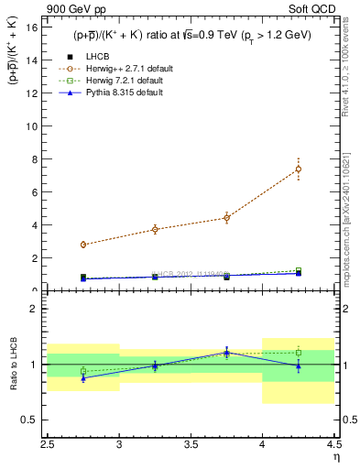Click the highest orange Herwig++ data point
[x=299, y=169]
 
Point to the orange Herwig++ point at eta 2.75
[x=83, y=245]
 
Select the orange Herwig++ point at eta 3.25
[x=155, y=229]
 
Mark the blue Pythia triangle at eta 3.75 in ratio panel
[x=226, y=352]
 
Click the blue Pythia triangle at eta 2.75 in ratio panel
[x=83, y=377]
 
